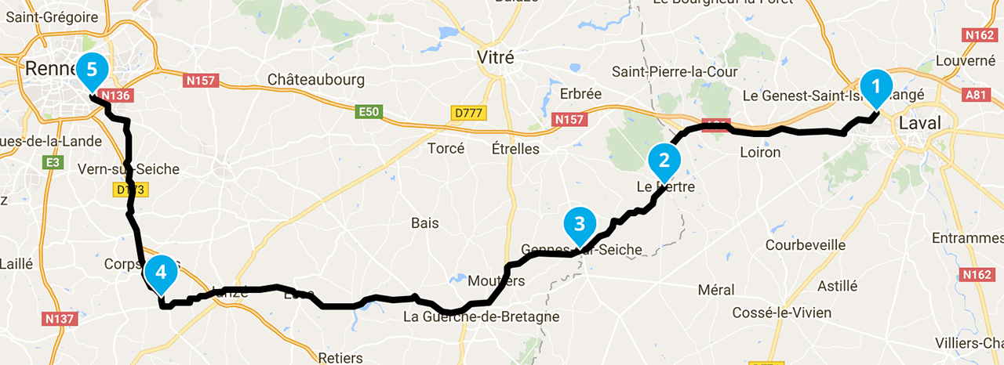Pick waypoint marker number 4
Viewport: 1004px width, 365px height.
(161, 273)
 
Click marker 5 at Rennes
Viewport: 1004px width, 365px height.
(92, 70)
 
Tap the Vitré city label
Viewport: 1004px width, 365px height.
(496, 57)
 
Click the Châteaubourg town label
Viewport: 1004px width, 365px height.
(316, 80)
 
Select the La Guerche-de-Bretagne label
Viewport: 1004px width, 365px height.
(481, 317)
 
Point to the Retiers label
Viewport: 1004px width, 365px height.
(340, 357)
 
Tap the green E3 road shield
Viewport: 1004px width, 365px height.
(53, 162)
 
